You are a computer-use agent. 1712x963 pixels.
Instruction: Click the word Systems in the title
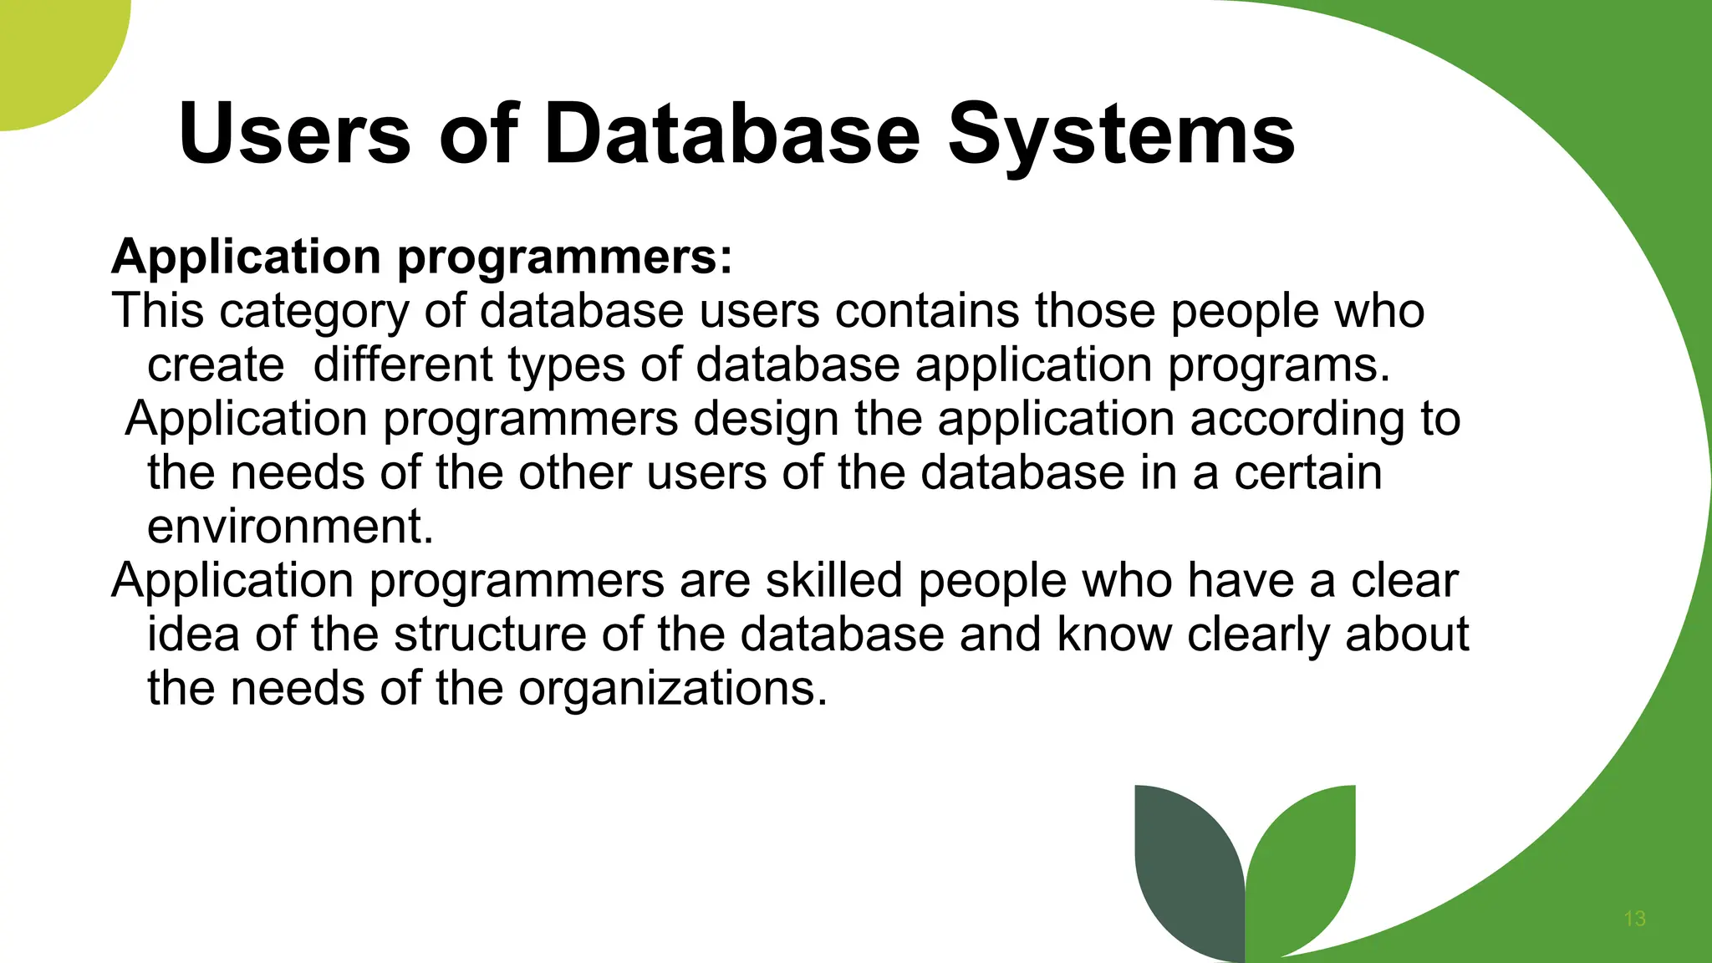tap(1121, 134)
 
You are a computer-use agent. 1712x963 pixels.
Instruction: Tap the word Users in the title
tap(294, 134)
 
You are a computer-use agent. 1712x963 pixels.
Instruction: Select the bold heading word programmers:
tap(564, 257)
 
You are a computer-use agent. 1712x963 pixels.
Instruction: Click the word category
tap(313, 312)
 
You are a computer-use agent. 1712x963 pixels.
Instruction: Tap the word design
tap(766, 420)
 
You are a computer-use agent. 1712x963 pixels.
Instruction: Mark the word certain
tap(1308, 472)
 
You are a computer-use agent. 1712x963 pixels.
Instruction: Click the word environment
tap(290, 527)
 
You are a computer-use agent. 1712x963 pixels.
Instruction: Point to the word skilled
tap(833, 580)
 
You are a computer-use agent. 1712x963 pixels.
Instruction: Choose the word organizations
tap(673, 689)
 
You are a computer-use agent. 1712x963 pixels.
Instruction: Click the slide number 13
tap(1634, 919)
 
